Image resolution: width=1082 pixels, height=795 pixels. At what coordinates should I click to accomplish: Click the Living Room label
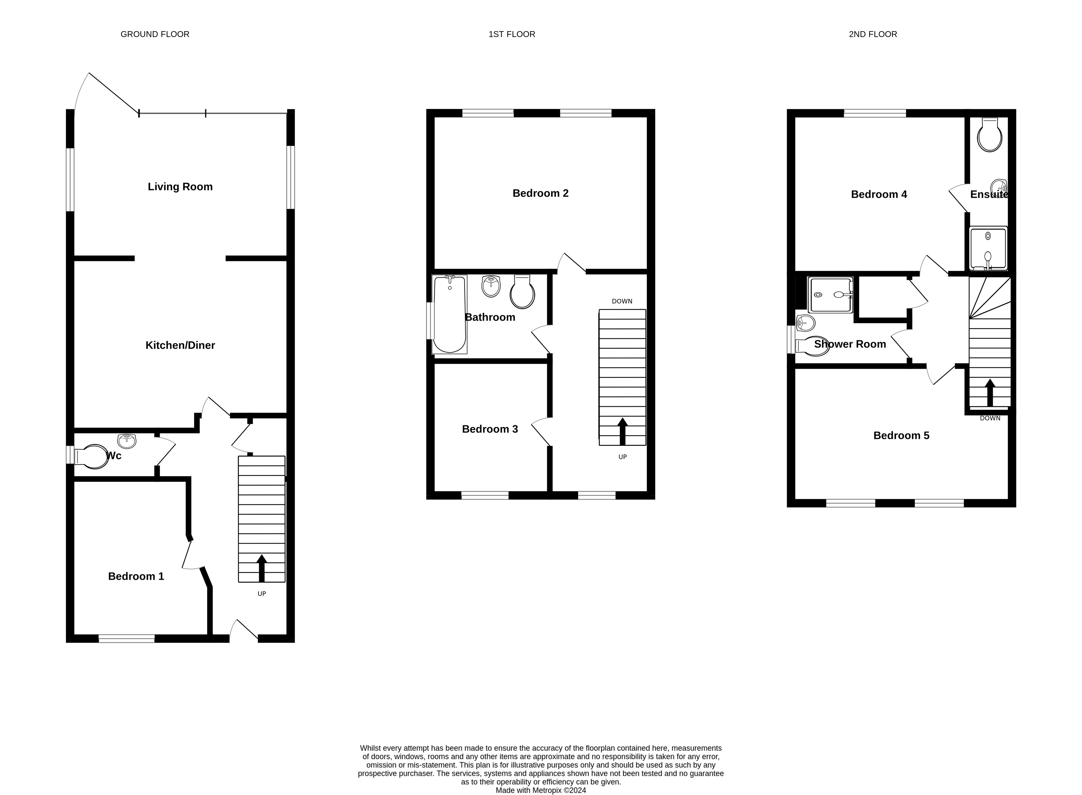click(180, 187)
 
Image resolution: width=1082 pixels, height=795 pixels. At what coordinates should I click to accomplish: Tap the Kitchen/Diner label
click(180, 345)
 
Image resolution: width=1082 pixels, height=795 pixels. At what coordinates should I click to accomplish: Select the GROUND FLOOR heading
click(155, 34)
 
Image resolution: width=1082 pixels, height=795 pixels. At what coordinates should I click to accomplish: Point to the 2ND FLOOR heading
click(873, 34)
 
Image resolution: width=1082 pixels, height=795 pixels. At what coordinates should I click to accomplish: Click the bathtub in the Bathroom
click(450, 314)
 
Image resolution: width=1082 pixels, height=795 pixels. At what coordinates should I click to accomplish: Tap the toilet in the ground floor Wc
click(91, 456)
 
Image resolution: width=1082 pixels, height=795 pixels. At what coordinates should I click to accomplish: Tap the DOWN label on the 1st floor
click(622, 301)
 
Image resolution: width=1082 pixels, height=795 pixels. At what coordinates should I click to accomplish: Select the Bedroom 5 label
click(901, 436)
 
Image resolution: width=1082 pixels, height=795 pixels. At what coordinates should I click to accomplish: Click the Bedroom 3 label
click(490, 429)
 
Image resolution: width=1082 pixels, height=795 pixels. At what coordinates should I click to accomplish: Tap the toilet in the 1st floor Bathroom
click(522, 292)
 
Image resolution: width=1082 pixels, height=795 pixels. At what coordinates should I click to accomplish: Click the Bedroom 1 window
click(126, 639)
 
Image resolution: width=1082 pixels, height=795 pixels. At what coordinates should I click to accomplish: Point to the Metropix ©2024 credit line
click(541, 790)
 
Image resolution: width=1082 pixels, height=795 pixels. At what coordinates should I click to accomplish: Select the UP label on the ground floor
click(262, 594)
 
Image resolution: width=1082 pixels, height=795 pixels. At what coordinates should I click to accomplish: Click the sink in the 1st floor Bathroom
click(491, 286)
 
